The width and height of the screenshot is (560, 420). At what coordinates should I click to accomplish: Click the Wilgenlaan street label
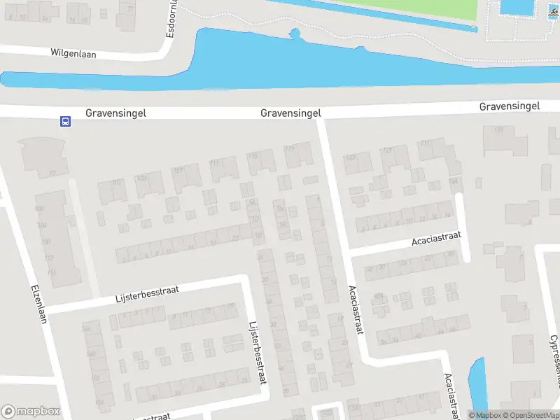(73, 52)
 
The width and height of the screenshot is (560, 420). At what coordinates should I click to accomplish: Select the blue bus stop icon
(64, 121)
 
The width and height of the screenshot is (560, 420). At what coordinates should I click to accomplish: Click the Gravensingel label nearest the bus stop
(115, 113)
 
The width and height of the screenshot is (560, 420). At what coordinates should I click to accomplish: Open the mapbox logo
(31, 412)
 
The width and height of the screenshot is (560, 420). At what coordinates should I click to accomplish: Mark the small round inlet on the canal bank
(295, 33)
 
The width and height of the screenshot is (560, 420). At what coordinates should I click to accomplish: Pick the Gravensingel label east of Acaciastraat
(509, 106)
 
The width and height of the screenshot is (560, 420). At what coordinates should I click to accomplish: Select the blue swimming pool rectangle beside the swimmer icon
(517, 7)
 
